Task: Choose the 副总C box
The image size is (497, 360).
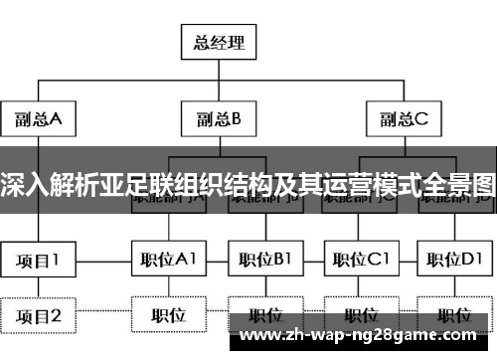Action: click(404, 120)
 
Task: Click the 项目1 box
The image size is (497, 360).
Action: click(39, 261)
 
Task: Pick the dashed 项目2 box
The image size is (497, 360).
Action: click(39, 316)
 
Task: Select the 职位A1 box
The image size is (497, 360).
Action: click(168, 261)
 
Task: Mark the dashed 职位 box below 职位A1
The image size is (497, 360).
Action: click(168, 316)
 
